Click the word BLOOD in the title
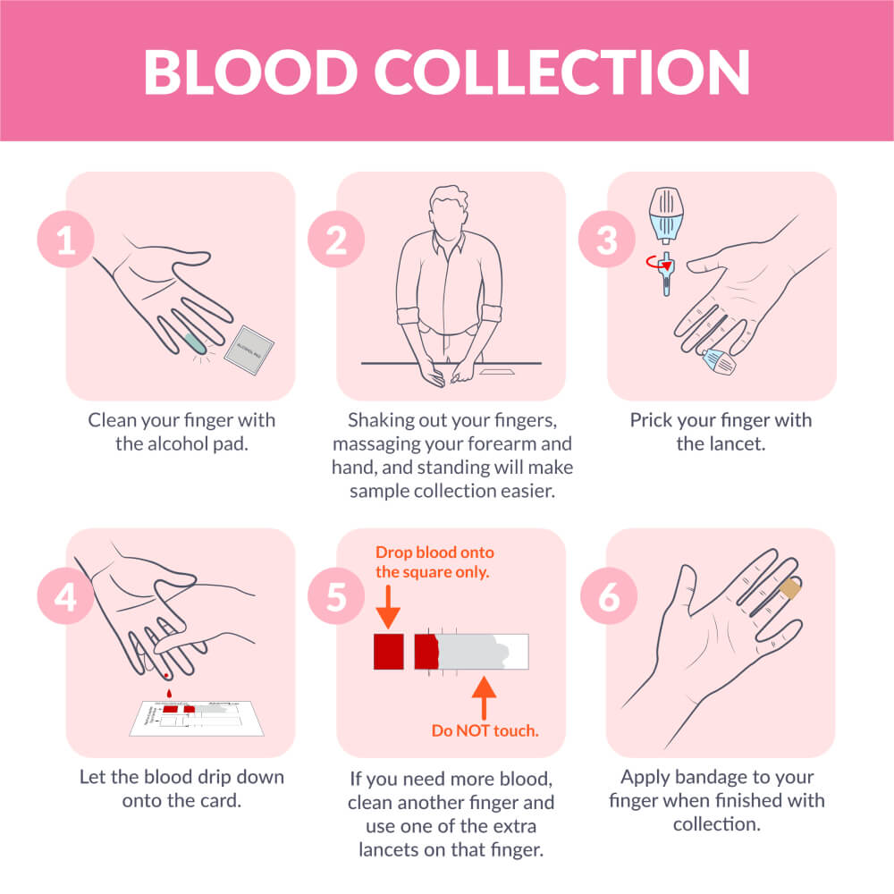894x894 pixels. coord(256,71)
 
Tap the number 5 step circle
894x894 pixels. coord(336,597)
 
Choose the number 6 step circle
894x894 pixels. coord(606,597)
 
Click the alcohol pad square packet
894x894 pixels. coord(249,348)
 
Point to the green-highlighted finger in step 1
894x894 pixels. coord(194,337)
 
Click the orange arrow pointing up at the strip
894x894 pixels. coord(484,698)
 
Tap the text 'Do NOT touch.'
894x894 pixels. coord(485,730)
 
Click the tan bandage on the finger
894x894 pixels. coord(790,588)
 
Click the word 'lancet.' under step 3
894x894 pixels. coord(738,443)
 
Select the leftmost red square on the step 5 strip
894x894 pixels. coord(389,651)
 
